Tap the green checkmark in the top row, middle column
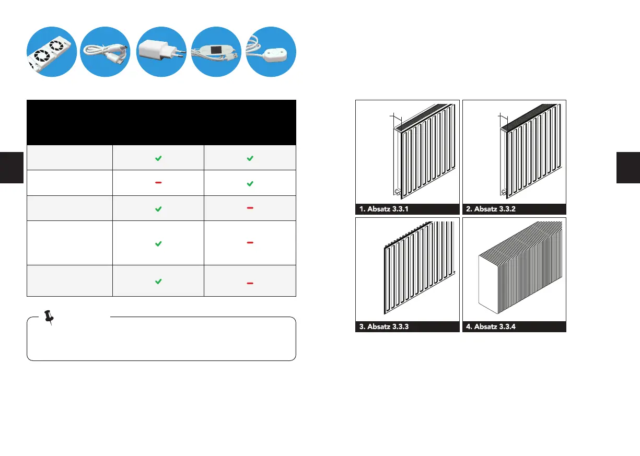158,158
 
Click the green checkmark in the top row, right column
250,158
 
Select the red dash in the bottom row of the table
250,283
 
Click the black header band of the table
161,122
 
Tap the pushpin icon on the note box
50,317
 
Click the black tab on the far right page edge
628,167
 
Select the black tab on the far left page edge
11,167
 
